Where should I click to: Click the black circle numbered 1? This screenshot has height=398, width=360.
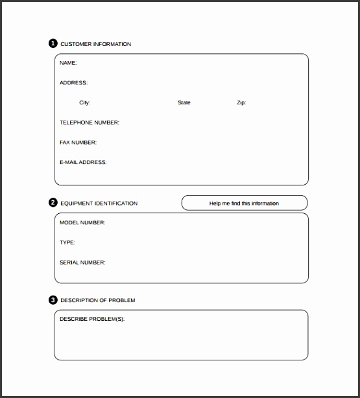(53, 44)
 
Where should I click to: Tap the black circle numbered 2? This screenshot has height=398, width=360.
(53, 203)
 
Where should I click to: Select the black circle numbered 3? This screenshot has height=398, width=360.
(53, 300)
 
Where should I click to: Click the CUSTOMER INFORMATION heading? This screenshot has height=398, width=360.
(95, 44)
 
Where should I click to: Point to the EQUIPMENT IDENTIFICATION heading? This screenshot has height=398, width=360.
(99, 203)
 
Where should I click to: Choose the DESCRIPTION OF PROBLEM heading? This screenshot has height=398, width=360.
(98, 300)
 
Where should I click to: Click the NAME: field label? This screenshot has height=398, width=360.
(68, 63)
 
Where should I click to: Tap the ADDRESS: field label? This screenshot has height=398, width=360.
(73, 83)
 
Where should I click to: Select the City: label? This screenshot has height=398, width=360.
(85, 102)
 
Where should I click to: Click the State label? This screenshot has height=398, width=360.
(184, 102)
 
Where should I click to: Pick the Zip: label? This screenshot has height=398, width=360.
(241, 102)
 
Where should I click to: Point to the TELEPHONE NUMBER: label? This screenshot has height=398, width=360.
(90, 123)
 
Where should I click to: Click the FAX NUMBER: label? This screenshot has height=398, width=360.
(78, 142)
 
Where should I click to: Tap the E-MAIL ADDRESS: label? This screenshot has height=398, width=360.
(83, 162)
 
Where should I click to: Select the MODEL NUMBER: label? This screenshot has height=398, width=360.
(82, 222)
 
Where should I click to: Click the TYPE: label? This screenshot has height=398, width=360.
(67, 242)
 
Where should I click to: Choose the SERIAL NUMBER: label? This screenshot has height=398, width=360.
(82, 263)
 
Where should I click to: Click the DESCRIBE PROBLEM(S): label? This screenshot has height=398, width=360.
(92, 320)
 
